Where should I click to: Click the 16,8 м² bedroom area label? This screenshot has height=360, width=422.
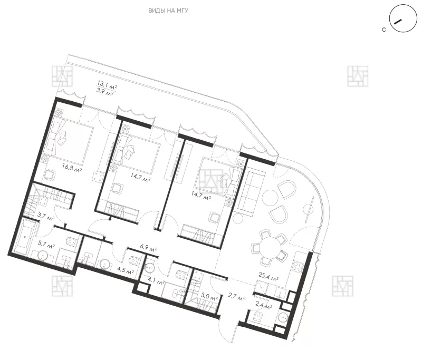coord(72,168)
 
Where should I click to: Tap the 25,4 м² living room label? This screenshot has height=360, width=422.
coord(268,276)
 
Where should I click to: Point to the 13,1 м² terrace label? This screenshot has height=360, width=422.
coord(107,84)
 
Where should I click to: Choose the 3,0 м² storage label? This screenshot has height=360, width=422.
coord(209,297)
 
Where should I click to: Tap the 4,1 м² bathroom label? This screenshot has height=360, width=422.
coord(156,281)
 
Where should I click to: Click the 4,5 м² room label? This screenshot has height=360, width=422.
coord(126,270)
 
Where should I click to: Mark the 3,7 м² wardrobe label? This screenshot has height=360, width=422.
coord(46,216)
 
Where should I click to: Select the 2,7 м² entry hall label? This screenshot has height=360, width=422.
coord(236,297)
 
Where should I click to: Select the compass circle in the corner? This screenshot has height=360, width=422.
coord(403,18)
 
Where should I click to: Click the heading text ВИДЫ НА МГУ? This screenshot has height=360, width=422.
coord(168,11)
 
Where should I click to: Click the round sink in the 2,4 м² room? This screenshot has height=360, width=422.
coord(284,317)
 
